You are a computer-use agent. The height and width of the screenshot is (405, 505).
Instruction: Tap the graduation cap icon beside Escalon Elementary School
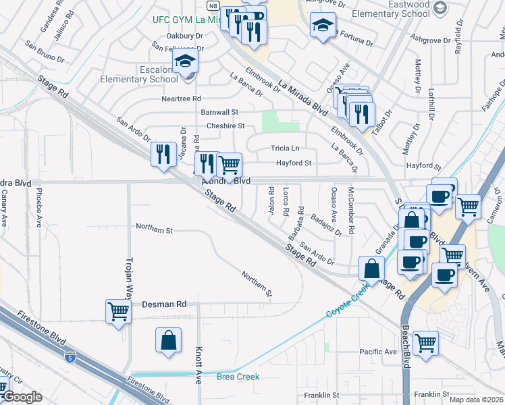pyautogui.click(x=185, y=61)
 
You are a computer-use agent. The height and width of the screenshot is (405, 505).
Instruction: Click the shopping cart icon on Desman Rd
pyautogui.click(x=118, y=312)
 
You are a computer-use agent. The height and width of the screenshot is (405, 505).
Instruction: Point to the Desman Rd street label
pyautogui.click(x=163, y=304)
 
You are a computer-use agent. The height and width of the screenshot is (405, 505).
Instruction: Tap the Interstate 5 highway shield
pyautogui.click(x=70, y=355)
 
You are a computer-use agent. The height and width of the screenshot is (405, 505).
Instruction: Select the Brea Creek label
pyautogui.click(x=238, y=377)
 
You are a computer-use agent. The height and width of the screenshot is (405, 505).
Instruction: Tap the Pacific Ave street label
pyautogui.click(x=378, y=352)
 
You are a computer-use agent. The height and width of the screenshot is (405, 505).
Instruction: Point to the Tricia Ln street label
pyautogui.click(x=284, y=148)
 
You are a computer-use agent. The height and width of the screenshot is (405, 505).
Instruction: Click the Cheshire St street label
pyautogui.click(x=225, y=126)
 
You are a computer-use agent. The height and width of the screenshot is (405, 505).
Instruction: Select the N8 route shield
pyautogui.click(x=213, y=4)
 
